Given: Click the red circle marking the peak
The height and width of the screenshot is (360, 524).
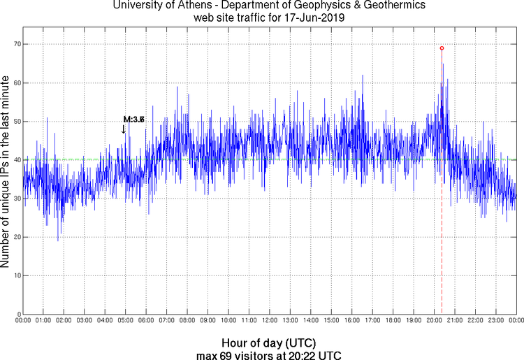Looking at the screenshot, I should pos(442,48).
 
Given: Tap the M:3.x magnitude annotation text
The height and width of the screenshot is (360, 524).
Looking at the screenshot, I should pos(133,120).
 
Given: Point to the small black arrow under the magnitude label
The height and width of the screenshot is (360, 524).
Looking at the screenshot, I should pos(123,129).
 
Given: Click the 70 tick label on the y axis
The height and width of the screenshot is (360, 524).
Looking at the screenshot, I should pos(15,44).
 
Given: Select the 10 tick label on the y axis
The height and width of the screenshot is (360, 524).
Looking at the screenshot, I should pos(15,275).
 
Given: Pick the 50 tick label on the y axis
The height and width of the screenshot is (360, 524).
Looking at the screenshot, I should pos(15,121).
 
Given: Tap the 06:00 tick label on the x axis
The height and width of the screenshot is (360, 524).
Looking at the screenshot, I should pos(146,320).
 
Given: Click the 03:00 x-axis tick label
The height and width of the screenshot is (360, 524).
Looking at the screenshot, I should pos(84,320).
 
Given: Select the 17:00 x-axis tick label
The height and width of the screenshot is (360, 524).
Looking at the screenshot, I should pos(372,320).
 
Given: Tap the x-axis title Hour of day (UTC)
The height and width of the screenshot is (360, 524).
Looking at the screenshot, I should pos(268,343).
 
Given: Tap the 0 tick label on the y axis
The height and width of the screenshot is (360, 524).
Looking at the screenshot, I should pos(17,314).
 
